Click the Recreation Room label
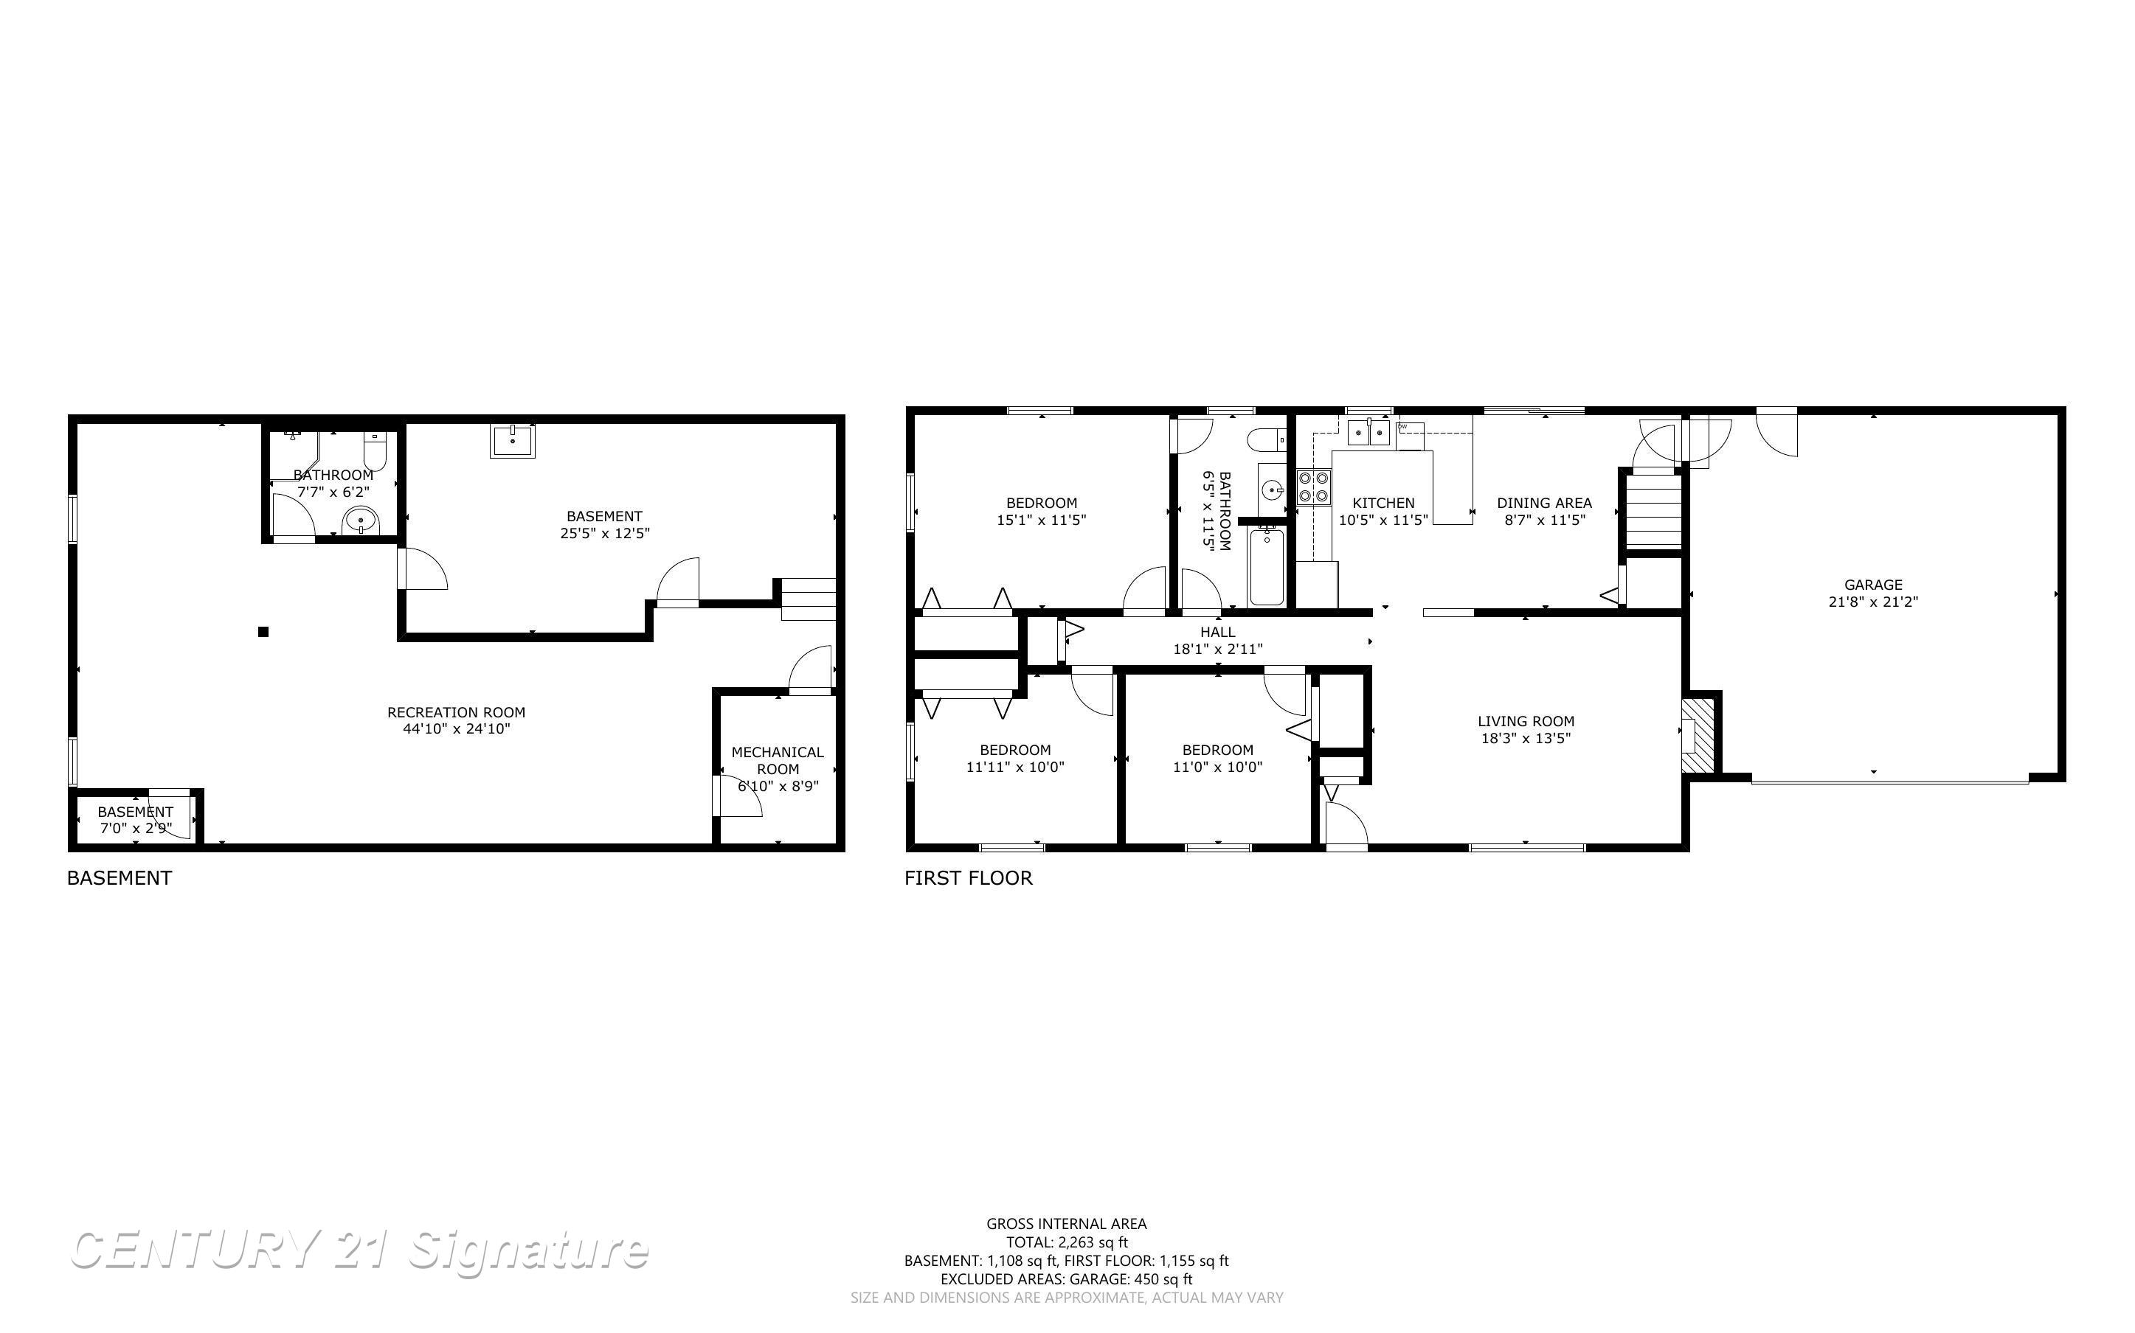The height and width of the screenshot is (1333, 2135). tap(456, 712)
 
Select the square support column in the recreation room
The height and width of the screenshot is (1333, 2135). tap(263, 631)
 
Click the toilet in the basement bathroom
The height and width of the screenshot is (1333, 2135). tap(375, 450)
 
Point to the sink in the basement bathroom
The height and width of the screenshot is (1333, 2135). tap(360, 521)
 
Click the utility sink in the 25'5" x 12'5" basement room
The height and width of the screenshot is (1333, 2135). tap(513, 440)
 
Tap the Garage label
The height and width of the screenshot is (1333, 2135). tap(1873, 585)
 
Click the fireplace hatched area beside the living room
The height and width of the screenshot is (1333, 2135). tap(1698, 735)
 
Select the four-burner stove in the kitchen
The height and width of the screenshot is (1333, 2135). tap(1313, 487)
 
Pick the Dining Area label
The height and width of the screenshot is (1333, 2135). tap(1544, 504)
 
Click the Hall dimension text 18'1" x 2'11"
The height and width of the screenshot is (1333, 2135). tap(1217, 650)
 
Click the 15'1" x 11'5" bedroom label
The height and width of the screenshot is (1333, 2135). tap(1042, 504)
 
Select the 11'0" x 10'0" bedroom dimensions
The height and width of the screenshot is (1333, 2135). tap(1217, 767)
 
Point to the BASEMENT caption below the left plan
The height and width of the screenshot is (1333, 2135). tap(119, 878)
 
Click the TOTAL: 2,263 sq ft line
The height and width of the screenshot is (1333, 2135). tap(1066, 1242)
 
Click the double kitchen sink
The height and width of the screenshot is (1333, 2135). tap(1368, 433)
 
